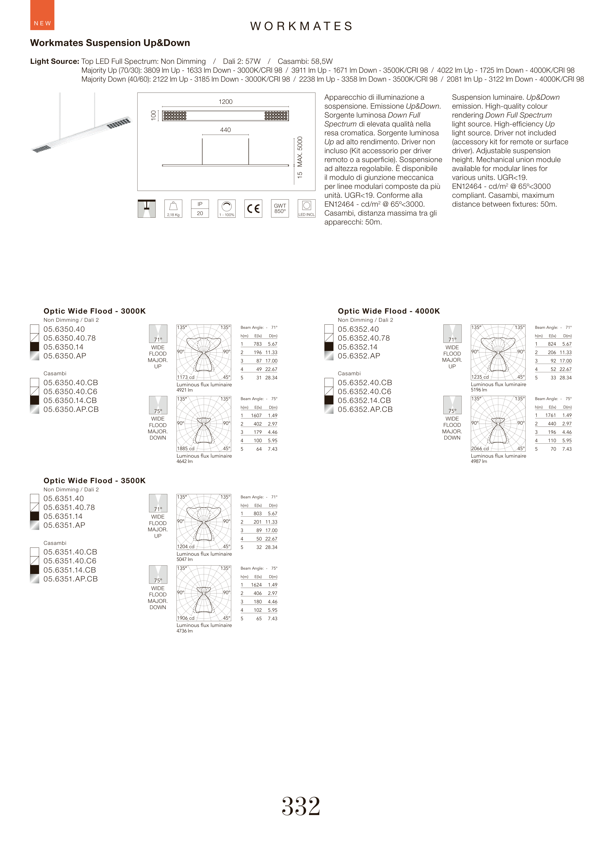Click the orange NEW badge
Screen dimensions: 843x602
pos(42,15)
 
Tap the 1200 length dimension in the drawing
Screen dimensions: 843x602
pos(225,102)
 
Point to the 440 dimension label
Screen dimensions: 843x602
pos(225,130)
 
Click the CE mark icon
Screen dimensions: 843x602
pos(253,209)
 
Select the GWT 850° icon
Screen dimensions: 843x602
pos(280,209)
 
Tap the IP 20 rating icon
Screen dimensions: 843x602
pos(200,209)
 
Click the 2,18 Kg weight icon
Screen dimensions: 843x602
pos(173,209)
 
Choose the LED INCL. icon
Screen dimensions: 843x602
pos(307,209)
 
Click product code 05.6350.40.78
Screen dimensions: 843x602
pos(69,338)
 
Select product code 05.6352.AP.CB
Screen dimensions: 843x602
pos(365,409)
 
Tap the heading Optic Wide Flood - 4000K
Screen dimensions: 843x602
pos(388,311)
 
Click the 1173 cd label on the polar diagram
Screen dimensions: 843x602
pos(186,377)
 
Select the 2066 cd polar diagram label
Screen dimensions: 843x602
pos(480,448)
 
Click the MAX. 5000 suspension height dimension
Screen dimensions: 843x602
pos(300,152)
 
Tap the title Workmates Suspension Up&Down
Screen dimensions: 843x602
pos(110,43)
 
